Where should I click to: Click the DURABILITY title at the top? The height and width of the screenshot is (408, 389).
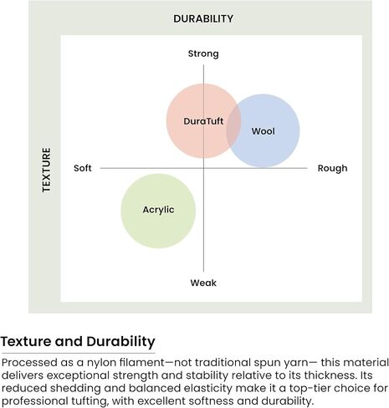203,18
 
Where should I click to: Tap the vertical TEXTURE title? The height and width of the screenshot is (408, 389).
47,170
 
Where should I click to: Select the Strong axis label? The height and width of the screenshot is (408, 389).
203,54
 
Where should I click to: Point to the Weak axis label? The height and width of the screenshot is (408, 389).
203,283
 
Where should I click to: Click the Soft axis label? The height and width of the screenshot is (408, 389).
83,168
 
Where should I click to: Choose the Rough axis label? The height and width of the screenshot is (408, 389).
333,168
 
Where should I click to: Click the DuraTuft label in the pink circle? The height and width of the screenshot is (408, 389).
203,121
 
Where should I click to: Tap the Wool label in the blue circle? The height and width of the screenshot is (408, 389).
264,131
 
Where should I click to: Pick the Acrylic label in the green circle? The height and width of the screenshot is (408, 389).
158,210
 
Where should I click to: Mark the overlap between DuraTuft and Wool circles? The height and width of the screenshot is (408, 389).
233,128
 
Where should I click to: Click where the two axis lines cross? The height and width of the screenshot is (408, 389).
203,168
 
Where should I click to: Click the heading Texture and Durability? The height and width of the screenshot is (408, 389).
78,342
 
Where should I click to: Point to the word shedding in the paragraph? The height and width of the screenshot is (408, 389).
72,388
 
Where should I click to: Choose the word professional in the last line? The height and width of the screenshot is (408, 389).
34,401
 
